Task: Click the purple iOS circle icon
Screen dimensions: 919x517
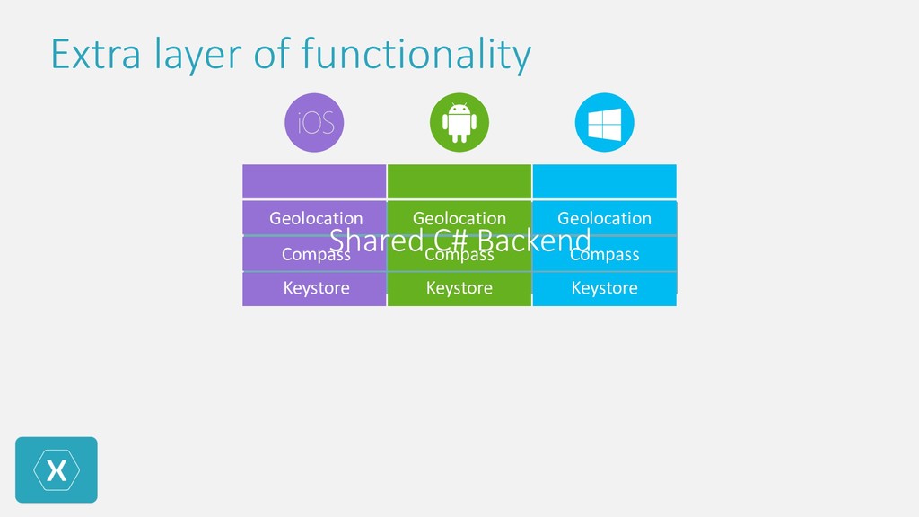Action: pyautogui.click(x=315, y=123)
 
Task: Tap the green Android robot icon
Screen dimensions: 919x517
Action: pyautogui.click(x=459, y=123)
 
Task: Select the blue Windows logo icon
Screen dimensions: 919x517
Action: pyautogui.click(x=604, y=123)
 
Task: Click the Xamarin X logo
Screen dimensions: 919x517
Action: pyautogui.click(x=56, y=470)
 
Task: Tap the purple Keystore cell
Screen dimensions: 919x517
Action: pyautogui.click(x=315, y=289)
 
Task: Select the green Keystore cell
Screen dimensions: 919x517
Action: pyautogui.click(x=459, y=289)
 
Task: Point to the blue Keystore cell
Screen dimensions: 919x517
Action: pyautogui.click(x=604, y=289)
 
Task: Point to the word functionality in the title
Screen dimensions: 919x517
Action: pyautogui.click(x=416, y=54)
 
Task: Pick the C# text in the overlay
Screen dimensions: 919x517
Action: pyautogui.click(x=449, y=240)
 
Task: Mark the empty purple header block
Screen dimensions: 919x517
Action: pyautogui.click(x=314, y=181)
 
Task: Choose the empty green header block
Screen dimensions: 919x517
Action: pyautogui.click(x=459, y=181)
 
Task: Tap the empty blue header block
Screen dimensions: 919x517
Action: pyautogui.click(x=604, y=181)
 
